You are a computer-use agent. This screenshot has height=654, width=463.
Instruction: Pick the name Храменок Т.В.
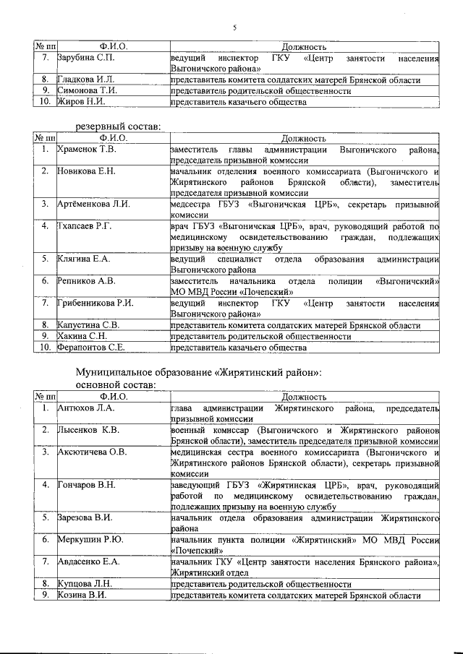(88, 150)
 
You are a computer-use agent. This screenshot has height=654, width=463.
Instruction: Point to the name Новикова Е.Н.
(86, 171)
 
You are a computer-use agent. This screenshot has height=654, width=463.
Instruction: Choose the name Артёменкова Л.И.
(93, 204)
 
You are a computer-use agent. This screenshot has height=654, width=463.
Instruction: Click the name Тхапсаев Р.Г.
(85, 226)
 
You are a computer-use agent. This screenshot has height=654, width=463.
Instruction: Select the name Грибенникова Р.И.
(95, 303)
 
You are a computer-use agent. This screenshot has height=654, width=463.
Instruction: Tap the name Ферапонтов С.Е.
(91, 348)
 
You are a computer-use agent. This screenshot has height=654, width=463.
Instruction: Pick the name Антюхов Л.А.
(86, 409)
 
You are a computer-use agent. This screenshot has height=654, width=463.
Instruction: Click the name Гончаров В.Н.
(87, 485)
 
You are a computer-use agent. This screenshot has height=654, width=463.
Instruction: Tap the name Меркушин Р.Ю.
(90, 540)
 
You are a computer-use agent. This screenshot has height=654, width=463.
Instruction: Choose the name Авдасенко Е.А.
(90, 562)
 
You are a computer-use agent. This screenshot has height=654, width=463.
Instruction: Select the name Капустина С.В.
(89, 325)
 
